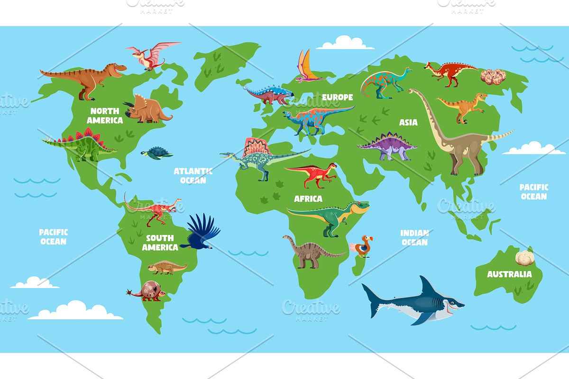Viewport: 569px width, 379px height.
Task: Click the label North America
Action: point(104,116)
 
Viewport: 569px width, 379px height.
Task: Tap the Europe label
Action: point(338,97)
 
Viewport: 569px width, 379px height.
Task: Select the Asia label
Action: point(408,122)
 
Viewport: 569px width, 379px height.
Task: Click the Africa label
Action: point(308,199)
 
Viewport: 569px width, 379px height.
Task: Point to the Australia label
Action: point(509,274)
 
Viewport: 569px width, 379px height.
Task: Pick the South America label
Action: point(160,243)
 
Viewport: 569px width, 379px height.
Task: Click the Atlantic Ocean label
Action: point(193,176)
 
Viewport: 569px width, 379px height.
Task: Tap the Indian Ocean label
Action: point(414,237)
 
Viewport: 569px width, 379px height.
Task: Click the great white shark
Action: point(413,301)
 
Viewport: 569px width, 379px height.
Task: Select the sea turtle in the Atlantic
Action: point(156,153)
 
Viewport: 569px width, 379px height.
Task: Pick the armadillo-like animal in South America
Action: point(148,290)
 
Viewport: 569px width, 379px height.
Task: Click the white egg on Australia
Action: point(525,258)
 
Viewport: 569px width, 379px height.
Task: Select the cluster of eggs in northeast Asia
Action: point(493,76)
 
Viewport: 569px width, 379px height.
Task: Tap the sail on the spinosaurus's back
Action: point(256,147)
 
